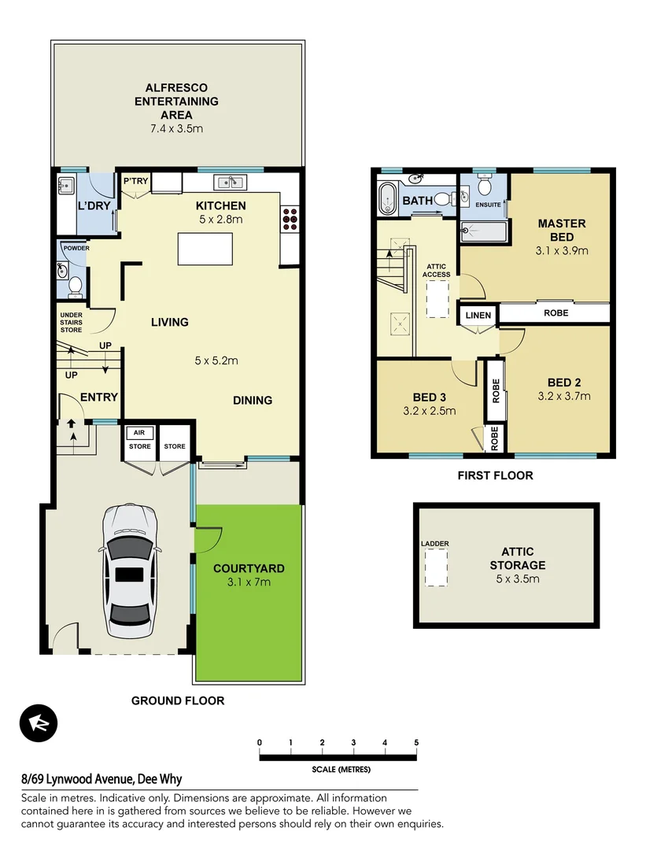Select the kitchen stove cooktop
click(290, 218)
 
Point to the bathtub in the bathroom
click(389, 200)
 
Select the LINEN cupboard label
click(478, 316)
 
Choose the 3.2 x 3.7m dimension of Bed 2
click(563, 397)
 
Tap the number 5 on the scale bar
click(416, 743)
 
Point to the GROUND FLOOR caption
click(178, 700)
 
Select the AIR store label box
click(139, 433)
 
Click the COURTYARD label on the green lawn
click(249, 568)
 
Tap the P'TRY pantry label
click(135, 182)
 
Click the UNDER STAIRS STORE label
click(72, 322)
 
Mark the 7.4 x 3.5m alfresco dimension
click(176, 128)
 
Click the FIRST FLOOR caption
click(495, 475)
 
